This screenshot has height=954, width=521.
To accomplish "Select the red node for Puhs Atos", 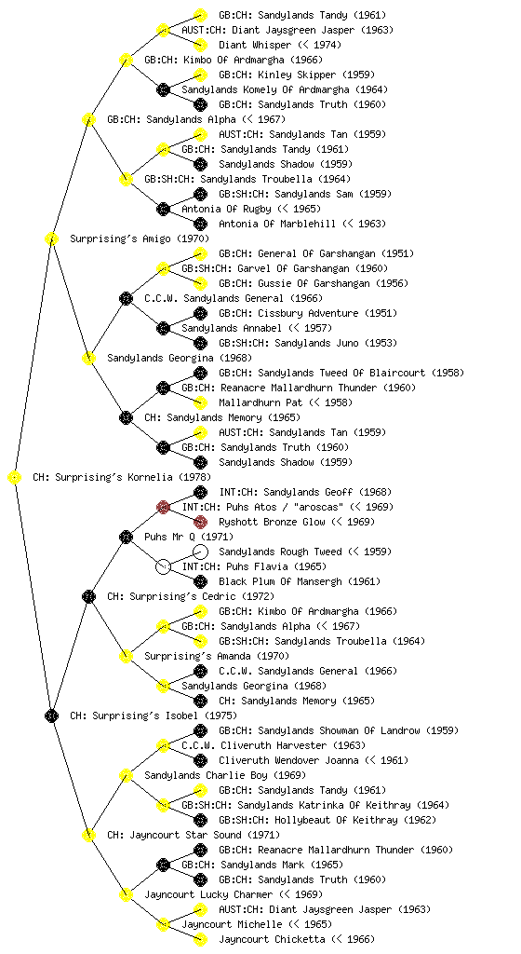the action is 163,507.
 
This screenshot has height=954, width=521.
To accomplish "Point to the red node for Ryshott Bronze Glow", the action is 200,522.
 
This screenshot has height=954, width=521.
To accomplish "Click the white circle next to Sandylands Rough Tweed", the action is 200,552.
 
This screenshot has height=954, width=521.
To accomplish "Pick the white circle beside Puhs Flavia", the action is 163,566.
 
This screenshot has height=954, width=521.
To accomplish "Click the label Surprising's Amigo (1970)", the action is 140,238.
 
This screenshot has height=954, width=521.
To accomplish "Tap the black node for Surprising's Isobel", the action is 51,716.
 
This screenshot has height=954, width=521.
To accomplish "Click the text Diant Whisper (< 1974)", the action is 280,45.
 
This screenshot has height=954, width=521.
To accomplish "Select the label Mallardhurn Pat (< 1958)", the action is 286,402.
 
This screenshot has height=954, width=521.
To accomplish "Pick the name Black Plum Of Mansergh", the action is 280,581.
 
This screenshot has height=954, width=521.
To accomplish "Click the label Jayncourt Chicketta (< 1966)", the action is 297,939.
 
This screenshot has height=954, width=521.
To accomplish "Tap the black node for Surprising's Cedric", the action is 88,597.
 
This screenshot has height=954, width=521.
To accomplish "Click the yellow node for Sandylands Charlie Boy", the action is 126,776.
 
